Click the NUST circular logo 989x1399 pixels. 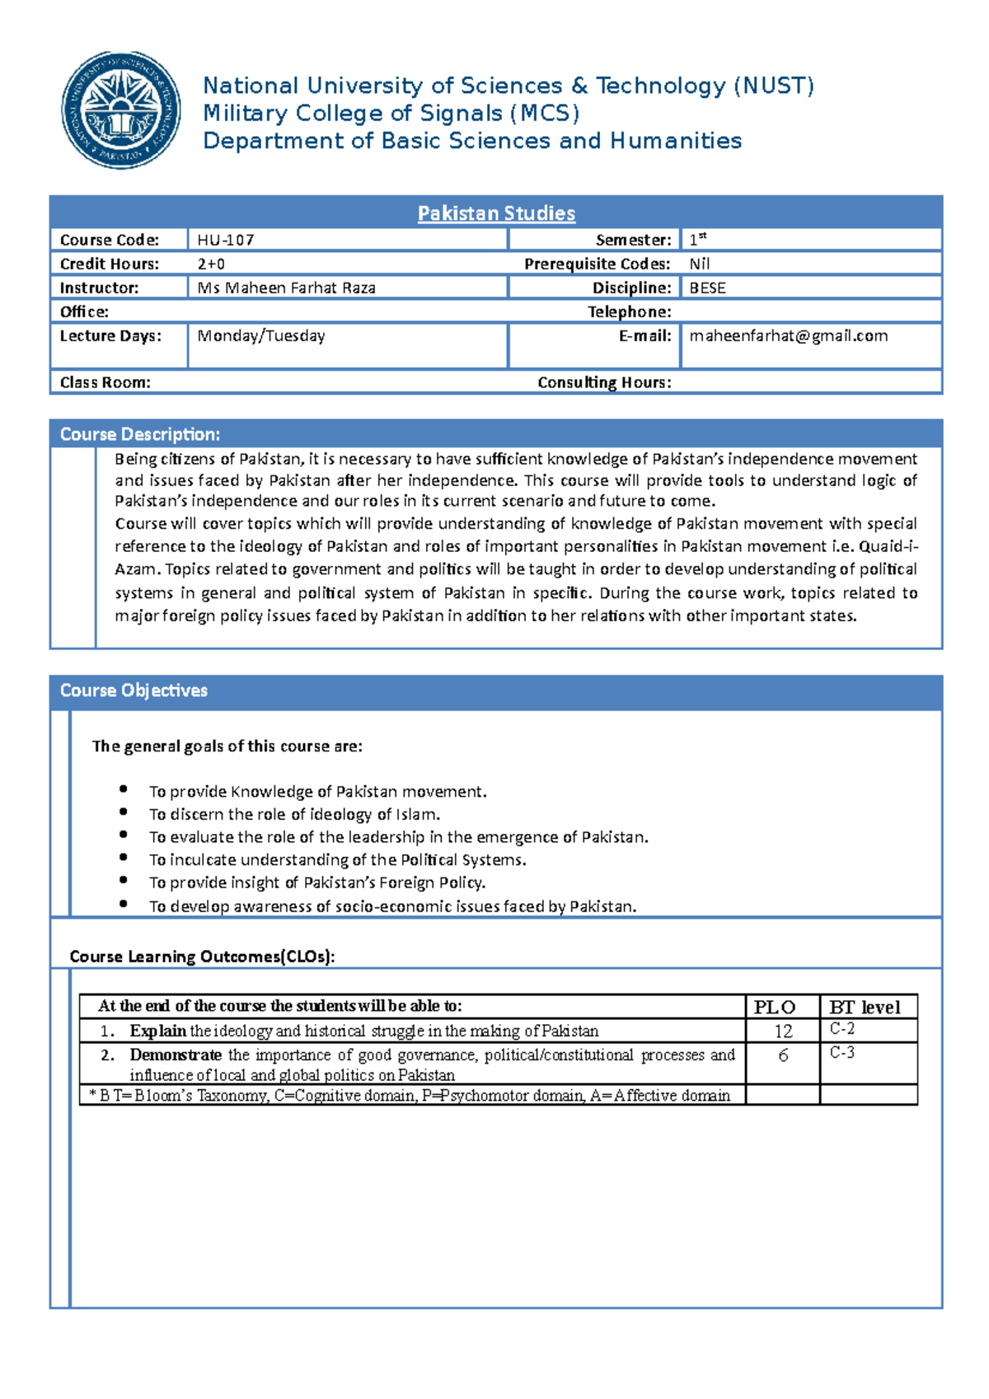click(121, 110)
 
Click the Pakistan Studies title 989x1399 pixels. click(496, 213)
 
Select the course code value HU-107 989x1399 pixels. click(226, 240)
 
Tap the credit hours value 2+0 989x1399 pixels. click(211, 264)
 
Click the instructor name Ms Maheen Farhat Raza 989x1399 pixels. click(286, 288)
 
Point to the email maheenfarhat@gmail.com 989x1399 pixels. click(788, 335)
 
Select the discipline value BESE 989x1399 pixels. click(707, 288)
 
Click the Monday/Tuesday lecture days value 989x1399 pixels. click(260, 335)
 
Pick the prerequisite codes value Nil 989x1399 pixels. click(699, 264)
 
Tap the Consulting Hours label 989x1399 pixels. click(604, 382)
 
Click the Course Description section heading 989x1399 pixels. click(139, 434)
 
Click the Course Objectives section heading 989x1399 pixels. click(134, 690)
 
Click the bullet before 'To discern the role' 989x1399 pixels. click(123, 812)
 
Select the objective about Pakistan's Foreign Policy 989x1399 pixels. click(317, 882)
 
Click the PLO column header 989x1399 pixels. click(774, 1007)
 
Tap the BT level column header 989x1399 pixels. click(865, 1007)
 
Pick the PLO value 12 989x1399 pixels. click(782, 1031)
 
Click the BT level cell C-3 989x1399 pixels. click(841, 1053)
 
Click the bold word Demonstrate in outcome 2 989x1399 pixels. click(175, 1055)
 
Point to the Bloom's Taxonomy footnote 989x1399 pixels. click(410, 1095)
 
